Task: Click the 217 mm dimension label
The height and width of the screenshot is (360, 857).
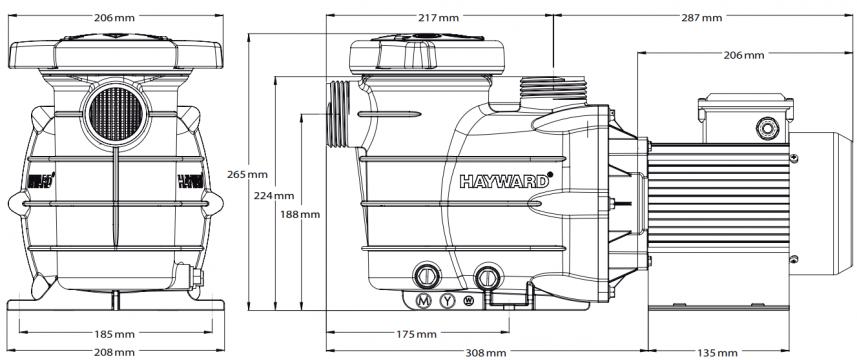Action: [440, 18]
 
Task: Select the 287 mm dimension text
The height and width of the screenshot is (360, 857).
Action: [702, 18]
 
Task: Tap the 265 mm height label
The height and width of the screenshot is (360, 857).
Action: [248, 175]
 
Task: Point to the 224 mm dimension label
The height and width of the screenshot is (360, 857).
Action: [274, 196]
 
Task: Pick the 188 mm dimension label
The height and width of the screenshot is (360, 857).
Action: [300, 215]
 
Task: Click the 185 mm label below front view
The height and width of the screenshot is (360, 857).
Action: [115, 334]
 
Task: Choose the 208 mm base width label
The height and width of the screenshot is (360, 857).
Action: [115, 352]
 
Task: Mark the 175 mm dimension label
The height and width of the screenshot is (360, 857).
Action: [417, 334]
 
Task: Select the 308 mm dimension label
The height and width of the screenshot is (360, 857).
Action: [486, 353]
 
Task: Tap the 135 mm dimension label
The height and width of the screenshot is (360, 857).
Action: [717, 353]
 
